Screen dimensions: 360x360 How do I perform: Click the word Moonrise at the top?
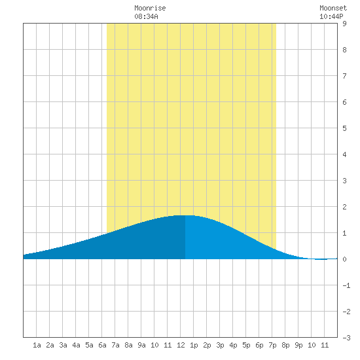150,8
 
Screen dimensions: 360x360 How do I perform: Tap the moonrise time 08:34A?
146,16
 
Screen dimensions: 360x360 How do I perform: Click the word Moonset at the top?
333,8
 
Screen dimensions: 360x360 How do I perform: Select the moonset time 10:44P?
331,16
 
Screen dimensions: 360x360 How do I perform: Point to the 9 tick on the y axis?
344,24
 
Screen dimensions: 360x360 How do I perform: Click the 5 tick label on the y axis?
344,128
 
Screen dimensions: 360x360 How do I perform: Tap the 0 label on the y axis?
344,259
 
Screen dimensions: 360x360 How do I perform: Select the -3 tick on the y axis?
346,338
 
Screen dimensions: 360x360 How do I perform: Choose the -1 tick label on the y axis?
346,285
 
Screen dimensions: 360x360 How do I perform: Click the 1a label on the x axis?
37,345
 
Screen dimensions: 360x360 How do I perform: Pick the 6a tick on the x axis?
102,345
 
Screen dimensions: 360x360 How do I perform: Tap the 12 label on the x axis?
181,345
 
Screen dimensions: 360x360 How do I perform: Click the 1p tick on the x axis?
194,345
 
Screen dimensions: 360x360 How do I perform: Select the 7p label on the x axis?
272,345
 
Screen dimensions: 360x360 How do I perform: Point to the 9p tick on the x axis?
298,345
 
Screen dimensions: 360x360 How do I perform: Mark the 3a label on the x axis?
63,345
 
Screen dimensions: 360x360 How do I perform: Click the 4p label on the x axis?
233,345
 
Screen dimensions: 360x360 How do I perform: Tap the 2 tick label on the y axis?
344,207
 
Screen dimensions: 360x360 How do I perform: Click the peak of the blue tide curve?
185,215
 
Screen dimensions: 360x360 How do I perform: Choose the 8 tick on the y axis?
344,50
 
